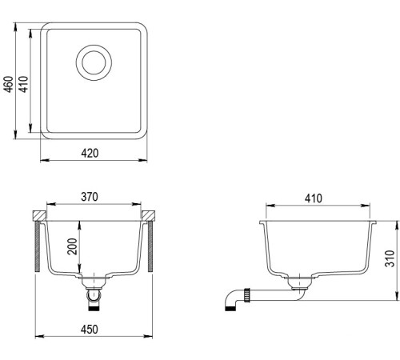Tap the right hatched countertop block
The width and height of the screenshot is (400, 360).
click(149, 216)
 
